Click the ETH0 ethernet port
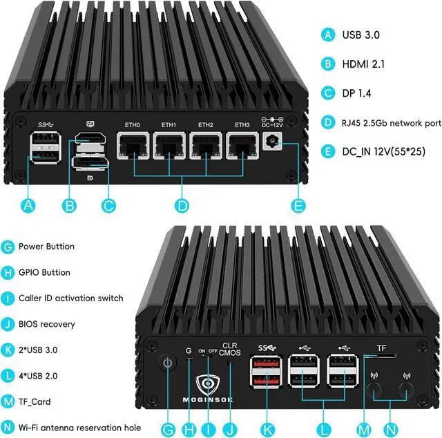(133, 146)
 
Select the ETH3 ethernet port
(242, 146)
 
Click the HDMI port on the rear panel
(90, 138)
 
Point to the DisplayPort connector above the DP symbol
(90, 163)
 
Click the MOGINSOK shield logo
(208, 384)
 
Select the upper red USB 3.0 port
(266, 363)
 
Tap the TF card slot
(380, 355)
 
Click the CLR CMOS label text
(230, 349)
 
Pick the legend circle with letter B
(328, 64)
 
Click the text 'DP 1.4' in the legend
(356, 93)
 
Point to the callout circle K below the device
(267, 430)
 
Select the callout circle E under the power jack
(298, 206)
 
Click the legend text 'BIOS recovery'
(47, 324)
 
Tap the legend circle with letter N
(8, 427)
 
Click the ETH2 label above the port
(206, 125)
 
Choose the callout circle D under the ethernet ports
(182, 206)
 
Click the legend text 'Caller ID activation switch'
(70, 298)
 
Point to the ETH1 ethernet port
(169, 146)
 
